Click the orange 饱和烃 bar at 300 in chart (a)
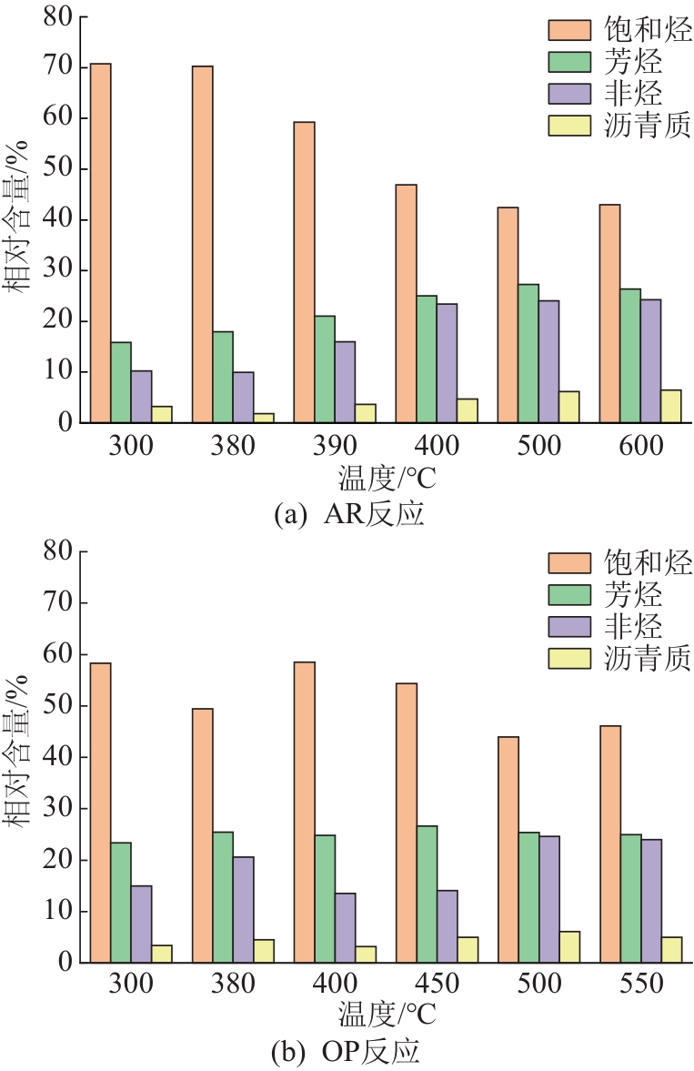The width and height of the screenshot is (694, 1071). coord(100,243)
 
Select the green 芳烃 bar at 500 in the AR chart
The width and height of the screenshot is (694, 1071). coord(528,354)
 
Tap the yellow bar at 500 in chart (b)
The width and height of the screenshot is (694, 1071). coord(568,947)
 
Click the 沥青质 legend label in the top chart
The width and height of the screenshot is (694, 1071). coord(647,125)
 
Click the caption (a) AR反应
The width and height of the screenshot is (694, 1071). coord(348,514)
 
